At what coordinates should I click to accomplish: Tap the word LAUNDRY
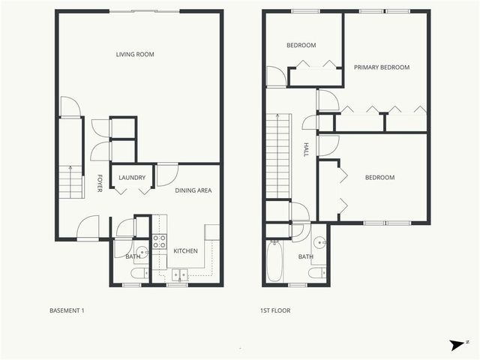tap(132, 178)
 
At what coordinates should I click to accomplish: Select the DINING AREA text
tap(193, 190)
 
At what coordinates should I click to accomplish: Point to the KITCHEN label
tap(185, 250)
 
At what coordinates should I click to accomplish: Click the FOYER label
tap(100, 184)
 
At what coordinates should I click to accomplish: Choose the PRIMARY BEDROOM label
tap(382, 67)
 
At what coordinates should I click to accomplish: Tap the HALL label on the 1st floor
tap(306, 150)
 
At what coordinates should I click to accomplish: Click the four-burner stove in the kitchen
tap(160, 241)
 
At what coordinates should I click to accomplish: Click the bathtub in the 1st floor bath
tap(275, 262)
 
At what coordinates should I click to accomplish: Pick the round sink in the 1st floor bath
tap(319, 242)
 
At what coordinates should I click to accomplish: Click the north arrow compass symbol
tap(457, 344)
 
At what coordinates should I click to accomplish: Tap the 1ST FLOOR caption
tap(274, 310)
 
